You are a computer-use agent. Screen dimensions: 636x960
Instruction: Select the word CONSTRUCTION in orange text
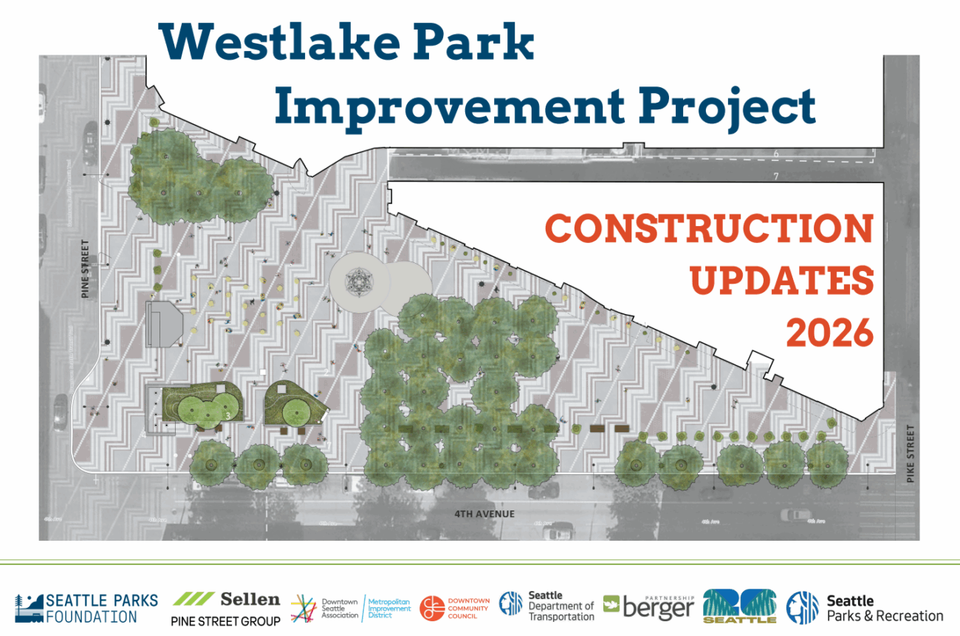[709, 230]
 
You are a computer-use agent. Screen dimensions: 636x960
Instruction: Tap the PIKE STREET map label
[910, 454]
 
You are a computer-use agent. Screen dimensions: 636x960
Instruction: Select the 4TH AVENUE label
[484, 514]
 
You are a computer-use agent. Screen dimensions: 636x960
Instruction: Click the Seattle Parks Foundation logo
[86, 607]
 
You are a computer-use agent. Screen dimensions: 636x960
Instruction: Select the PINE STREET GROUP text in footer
[225, 621]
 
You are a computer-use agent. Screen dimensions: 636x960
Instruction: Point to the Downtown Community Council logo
[454, 607]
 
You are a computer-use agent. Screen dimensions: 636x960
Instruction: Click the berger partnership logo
[649, 606]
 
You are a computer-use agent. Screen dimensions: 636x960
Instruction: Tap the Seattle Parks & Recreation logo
[865, 608]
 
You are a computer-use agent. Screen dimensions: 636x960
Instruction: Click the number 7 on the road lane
[775, 176]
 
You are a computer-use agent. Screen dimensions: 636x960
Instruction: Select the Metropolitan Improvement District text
[389, 608]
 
